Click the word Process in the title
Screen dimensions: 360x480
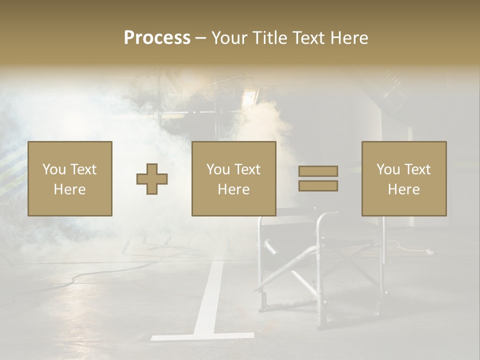pos(157,38)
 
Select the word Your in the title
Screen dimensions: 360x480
pos(228,38)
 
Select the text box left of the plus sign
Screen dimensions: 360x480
pos(70,179)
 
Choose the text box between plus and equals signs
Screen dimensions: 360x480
pos(234,179)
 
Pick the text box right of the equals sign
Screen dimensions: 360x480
pos(404,179)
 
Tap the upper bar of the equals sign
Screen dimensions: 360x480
pos(318,171)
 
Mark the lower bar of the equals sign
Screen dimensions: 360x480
pos(318,186)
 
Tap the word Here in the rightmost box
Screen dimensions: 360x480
pos(404,189)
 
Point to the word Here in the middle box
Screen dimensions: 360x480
pos(234,189)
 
